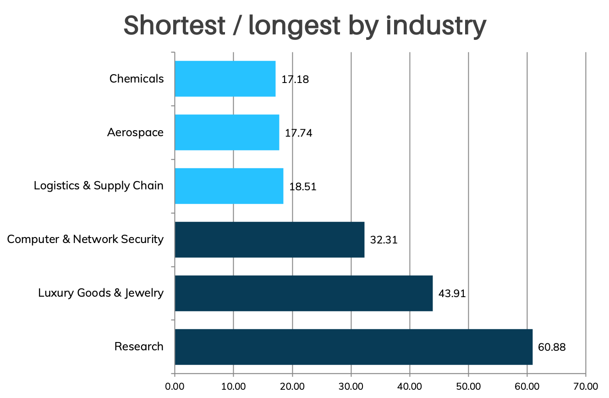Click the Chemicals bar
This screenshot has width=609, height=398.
click(225, 79)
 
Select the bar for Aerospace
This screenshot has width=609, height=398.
click(227, 133)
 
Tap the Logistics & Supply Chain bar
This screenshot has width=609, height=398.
click(229, 186)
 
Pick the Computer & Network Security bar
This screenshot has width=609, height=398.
click(269, 239)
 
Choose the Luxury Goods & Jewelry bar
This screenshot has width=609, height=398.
click(303, 293)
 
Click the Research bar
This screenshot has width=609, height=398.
click(353, 347)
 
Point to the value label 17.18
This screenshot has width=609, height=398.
click(295, 79)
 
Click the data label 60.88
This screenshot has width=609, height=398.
click(552, 347)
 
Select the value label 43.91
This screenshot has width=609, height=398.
click(452, 293)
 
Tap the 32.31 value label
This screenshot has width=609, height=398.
click(384, 240)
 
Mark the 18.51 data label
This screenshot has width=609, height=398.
click(303, 187)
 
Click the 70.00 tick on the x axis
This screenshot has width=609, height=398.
click(586, 386)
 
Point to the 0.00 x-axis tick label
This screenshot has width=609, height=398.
click(175, 386)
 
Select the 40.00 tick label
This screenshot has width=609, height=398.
click(410, 386)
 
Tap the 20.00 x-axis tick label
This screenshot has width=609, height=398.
click(292, 386)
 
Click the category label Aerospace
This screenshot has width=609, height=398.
click(135, 133)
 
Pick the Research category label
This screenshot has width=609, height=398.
click(139, 347)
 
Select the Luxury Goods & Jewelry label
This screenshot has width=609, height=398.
click(101, 293)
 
